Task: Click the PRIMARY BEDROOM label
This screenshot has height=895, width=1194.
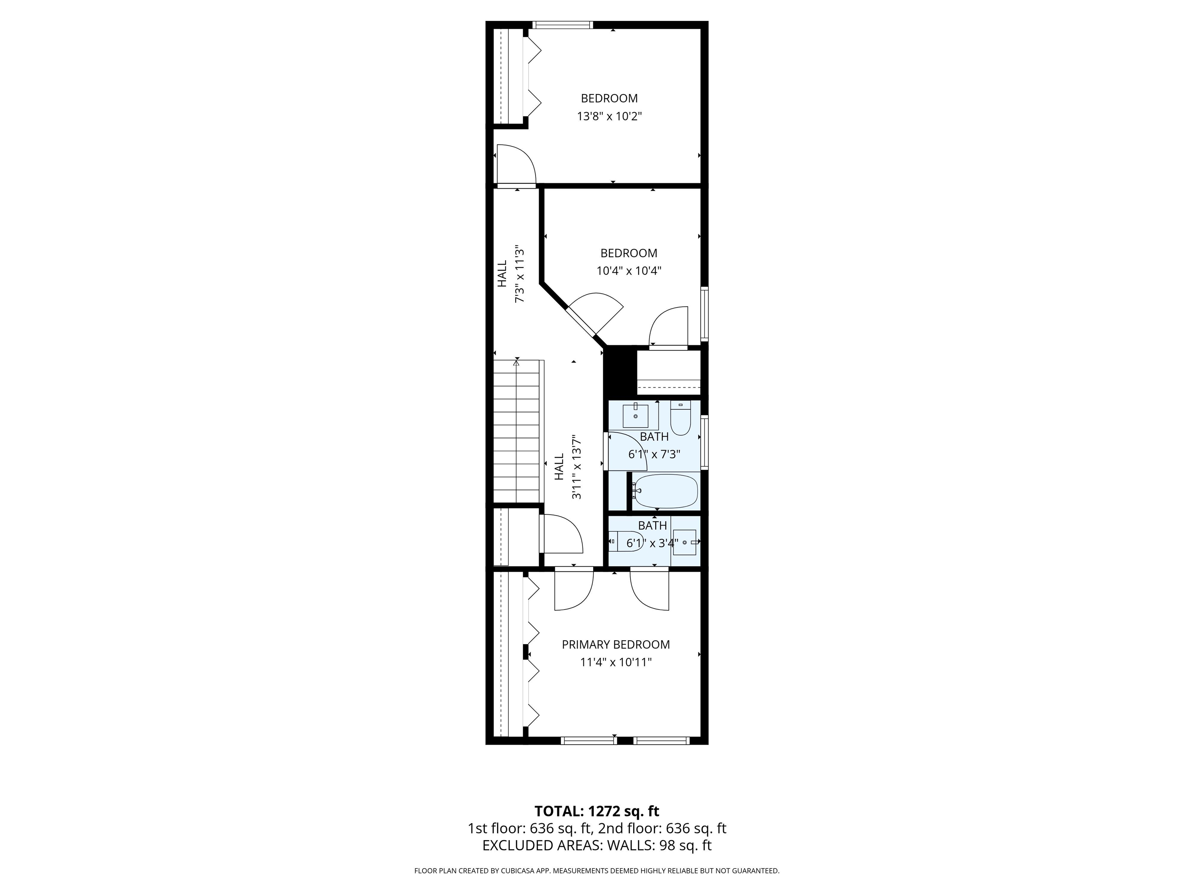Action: [x=616, y=645]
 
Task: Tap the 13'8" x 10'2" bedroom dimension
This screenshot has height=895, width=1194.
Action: [x=609, y=116]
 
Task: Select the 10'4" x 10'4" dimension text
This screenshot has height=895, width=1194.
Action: [x=629, y=271]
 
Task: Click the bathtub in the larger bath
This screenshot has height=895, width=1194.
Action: [x=665, y=491]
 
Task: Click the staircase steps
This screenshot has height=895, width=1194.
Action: [x=517, y=432]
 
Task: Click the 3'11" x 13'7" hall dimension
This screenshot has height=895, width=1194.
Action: [x=577, y=467]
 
